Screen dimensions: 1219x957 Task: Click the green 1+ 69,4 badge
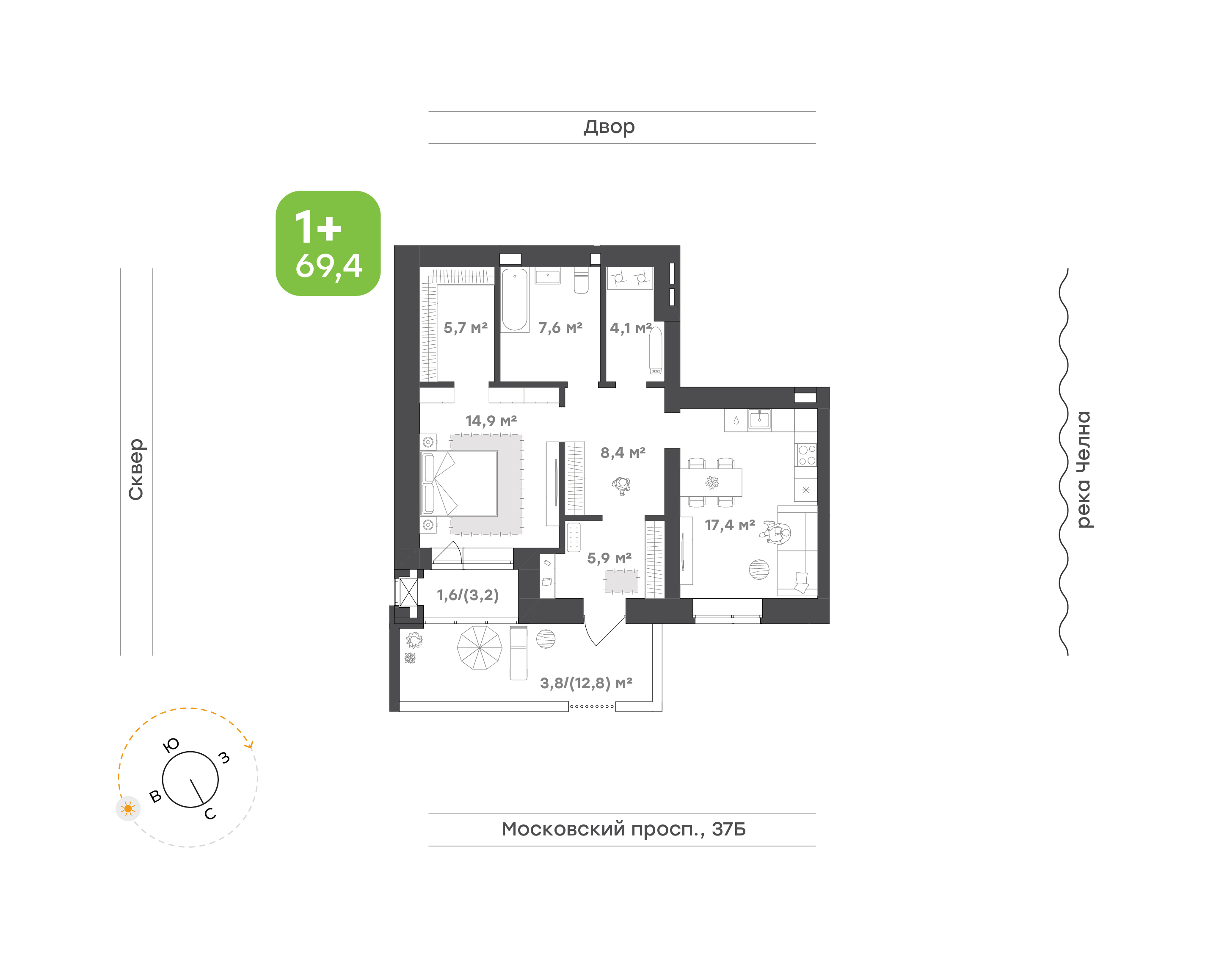coord(328,243)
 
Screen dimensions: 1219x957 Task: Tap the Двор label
coord(609,127)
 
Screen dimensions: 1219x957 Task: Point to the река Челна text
coord(1084,470)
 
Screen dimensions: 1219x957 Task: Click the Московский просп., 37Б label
coord(623,829)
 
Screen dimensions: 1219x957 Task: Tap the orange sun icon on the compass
coord(128,808)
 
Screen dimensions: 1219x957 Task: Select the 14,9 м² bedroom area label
coord(491,421)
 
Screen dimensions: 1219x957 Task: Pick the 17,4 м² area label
coord(730,525)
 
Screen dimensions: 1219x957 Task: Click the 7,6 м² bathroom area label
coord(560,328)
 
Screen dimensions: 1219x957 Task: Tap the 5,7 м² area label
coord(465,328)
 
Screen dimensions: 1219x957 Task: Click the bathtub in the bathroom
coord(515,300)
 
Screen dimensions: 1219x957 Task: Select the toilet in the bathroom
coord(581,281)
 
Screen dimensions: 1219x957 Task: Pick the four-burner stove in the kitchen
coord(806,455)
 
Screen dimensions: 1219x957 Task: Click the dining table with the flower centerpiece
coord(711,482)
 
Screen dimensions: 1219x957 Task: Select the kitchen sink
coord(759,419)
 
